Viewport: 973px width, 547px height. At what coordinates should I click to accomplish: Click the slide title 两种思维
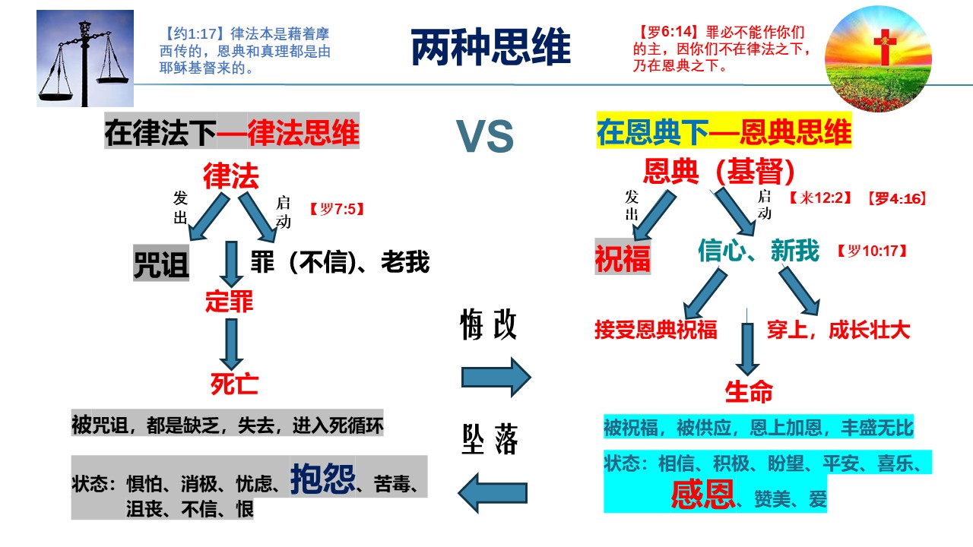490,48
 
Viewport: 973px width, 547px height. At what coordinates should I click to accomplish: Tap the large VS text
484,137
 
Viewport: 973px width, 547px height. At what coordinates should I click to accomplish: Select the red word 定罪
229,302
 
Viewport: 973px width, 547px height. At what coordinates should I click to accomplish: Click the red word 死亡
235,384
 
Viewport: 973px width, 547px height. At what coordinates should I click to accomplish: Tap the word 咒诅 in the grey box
161,264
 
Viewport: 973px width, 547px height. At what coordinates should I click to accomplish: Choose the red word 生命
749,392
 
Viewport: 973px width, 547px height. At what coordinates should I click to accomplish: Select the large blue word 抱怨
322,479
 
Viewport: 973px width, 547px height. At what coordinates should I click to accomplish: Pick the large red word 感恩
702,495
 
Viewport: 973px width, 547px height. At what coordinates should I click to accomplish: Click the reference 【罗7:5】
337,208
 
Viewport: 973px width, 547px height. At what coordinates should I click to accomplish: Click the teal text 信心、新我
758,251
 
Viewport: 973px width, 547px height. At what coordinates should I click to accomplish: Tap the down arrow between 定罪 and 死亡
230,343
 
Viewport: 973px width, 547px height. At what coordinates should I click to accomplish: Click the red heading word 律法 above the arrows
231,176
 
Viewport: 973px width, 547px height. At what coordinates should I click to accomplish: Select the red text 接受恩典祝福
655,330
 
